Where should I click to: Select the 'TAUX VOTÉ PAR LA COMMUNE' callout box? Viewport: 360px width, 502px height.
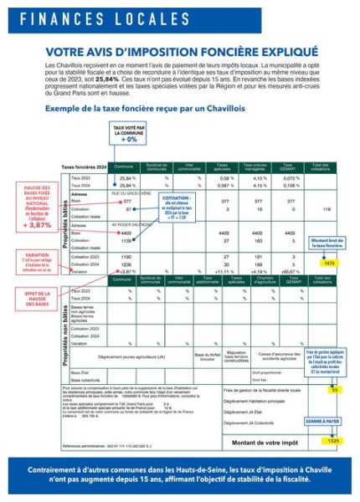pos(128,133)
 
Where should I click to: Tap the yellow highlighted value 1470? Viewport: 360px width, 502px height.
pos(329,263)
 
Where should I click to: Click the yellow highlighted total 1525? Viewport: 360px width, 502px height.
pos(333,440)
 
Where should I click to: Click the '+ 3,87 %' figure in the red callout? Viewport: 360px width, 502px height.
pos(39,225)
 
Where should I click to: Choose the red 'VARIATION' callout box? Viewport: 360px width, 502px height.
pos(37,263)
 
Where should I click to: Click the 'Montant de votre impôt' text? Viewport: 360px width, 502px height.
pos(265,442)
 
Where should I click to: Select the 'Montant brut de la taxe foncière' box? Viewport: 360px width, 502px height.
pos(329,243)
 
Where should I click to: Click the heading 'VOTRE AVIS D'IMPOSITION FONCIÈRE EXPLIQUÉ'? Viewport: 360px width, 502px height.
pos(179,50)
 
